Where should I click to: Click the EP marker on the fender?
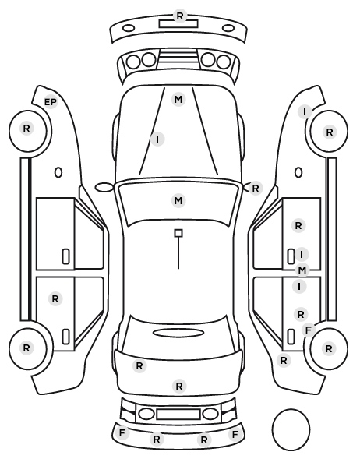pyautogui.click(x=50, y=102)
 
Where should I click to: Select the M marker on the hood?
pyautogui.click(x=178, y=99)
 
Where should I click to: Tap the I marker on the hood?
pyautogui.click(x=157, y=139)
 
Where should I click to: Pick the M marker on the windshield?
pyautogui.click(x=178, y=200)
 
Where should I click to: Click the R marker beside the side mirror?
pyautogui.click(x=256, y=188)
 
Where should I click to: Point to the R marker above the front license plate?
pyautogui.click(x=179, y=16)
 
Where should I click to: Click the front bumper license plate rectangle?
pyautogui.click(x=178, y=24)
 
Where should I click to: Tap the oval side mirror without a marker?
pyautogui.click(x=104, y=187)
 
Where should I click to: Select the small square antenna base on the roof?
pyautogui.click(x=178, y=233)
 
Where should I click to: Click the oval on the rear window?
pyautogui.click(x=178, y=333)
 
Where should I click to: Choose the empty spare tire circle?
pyautogui.click(x=291, y=429)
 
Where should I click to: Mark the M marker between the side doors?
pyautogui.click(x=302, y=270)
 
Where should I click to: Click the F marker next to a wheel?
pyautogui.click(x=309, y=330)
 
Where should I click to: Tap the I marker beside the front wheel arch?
pyautogui.click(x=305, y=112)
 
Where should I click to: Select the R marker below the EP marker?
pyautogui.click(x=26, y=129)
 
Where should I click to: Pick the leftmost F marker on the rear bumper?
pyautogui.click(x=122, y=433)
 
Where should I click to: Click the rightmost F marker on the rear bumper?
pyautogui.click(x=235, y=435)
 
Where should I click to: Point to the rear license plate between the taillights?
pyautogui.click(x=178, y=415)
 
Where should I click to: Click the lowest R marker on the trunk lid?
pyautogui.click(x=179, y=386)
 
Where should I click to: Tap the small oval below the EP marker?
pyautogui.click(x=58, y=172)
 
